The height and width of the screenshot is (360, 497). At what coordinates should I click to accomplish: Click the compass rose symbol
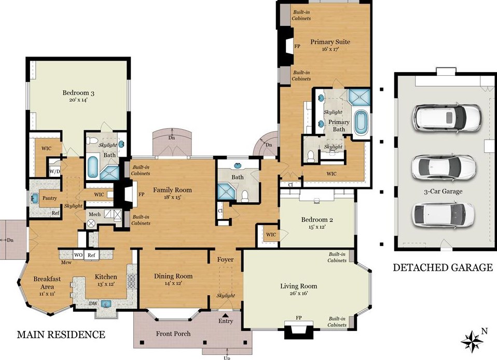coord(472,341)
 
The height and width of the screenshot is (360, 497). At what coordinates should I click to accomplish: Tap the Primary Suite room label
coord(330,42)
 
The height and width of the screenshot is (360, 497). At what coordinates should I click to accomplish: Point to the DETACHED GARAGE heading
coord(443,268)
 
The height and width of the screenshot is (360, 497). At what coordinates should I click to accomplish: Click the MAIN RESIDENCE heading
coord(61,335)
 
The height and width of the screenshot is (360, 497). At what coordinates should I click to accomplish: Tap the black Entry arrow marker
coord(225,315)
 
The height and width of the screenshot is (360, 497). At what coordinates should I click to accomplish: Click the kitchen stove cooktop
coord(131,281)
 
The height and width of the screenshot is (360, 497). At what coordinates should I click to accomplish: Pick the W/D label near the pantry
coord(54,172)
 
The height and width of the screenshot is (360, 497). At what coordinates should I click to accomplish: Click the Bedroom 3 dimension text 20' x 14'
coord(78,100)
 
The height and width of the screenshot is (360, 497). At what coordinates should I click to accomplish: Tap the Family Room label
coord(172,190)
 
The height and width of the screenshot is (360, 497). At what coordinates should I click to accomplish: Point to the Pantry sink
coord(35,198)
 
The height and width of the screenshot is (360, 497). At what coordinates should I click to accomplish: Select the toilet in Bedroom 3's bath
coord(92,141)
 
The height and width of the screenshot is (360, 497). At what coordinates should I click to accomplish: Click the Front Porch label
coord(173,334)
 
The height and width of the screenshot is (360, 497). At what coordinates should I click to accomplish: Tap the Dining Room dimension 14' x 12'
coord(173,283)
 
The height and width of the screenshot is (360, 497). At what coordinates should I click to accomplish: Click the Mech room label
coord(94,215)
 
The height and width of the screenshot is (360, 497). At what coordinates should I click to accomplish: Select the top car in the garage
coord(447,117)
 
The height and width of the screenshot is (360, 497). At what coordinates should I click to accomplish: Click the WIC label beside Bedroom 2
coord(271,235)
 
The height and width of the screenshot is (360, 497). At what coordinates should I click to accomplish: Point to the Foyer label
coord(225,260)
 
